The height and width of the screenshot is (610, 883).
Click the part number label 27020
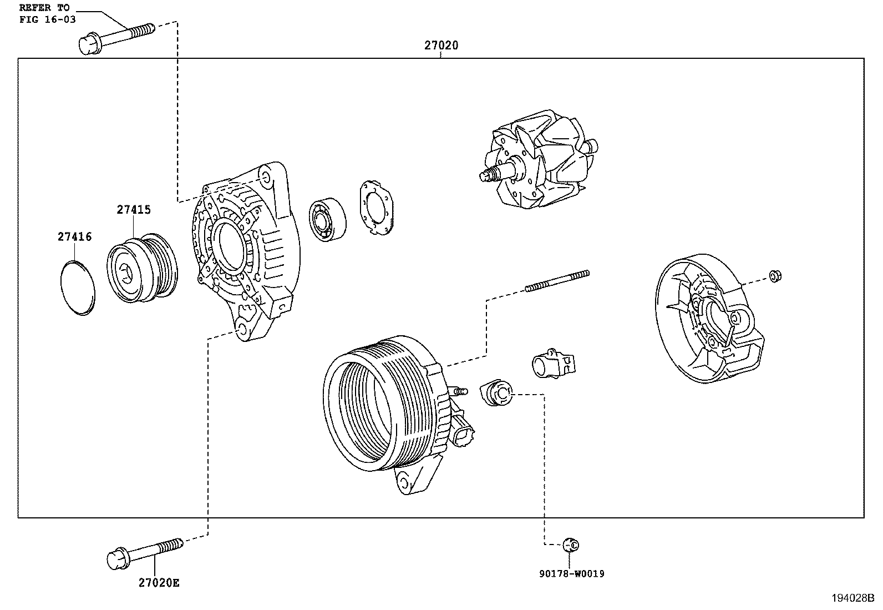pyautogui.click(x=441, y=46)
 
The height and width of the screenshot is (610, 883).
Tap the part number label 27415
pyautogui.click(x=133, y=210)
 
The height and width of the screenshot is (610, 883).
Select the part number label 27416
pyautogui.click(x=74, y=237)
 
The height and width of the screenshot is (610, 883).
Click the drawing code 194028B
pyautogui.click(x=852, y=598)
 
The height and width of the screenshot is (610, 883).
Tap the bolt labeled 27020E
pyautogui.click(x=143, y=551)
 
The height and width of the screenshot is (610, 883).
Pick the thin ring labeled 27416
pyautogui.click(x=77, y=287)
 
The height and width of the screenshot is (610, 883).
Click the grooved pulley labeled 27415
pyautogui.click(x=142, y=268)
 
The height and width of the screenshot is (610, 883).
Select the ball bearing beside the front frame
pyautogui.click(x=327, y=219)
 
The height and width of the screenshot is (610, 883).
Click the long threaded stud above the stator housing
pyautogui.click(x=556, y=280)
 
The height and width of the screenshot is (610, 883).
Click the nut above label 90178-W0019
pyautogui.click(x=571, y=545)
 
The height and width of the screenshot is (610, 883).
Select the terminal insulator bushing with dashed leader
pyautogui.click(x=496, y=393)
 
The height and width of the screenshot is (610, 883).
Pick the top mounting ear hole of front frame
pyautogui.click(x=266, y=178)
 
